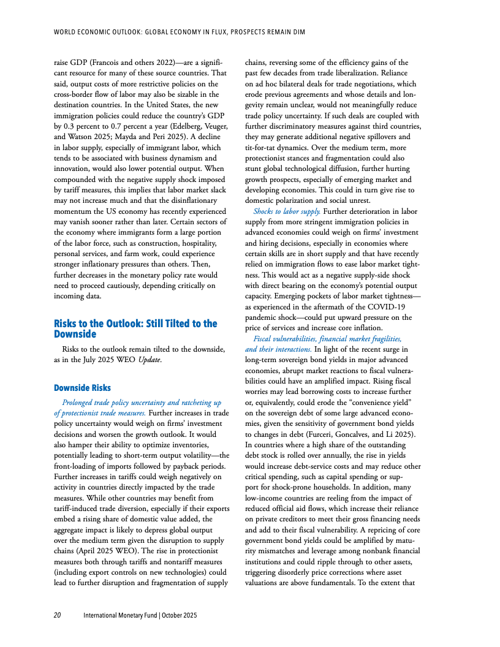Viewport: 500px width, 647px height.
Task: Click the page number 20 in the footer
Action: pyautogui.click(x=56, y=615)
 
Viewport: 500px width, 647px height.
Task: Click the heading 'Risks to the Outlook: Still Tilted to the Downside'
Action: pyautogui.click(x=135, y=328)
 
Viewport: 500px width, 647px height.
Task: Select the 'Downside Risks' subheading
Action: pyautogui.click(x=82, y=388)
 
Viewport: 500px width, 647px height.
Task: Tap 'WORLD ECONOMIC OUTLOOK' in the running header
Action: pyautogui.click(x=90, y=31)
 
